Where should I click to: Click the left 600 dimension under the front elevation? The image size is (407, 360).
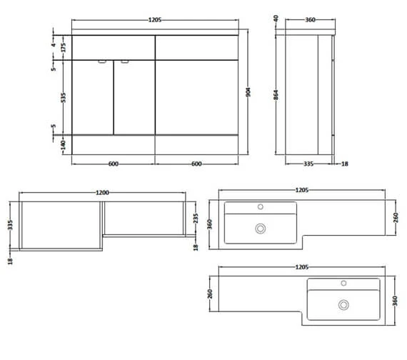[x=114, y=164]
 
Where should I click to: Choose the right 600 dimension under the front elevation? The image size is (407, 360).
[x=196, y=164]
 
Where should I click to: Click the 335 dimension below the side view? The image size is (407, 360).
[x=309, y=164]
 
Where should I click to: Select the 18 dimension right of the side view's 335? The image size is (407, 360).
[x=346, y=164]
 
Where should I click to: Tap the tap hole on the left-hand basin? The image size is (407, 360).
[x=261, y=208]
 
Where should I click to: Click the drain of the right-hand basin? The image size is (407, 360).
[x=343, y=305]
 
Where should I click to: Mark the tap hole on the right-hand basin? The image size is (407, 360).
[x=343, y=284]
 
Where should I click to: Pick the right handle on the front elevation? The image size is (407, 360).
[x=125, y=62]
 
